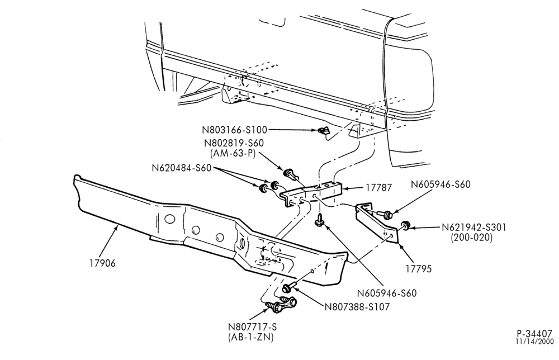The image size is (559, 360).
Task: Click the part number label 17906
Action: pos(103,263)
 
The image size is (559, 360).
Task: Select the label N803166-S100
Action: pos(235,130)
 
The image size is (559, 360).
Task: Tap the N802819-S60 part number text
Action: pos(234,143)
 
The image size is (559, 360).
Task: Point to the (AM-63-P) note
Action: pos(233,154)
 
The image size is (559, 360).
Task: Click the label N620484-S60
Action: pos(182,168)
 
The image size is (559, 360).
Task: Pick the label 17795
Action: pos(419,269)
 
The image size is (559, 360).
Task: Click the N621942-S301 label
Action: pos(474,228)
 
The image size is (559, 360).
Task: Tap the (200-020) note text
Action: pos(471,238)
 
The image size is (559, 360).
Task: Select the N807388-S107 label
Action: pos(357,306)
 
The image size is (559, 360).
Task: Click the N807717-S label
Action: pos(253,327)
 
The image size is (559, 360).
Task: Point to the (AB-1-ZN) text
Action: pos(250,337)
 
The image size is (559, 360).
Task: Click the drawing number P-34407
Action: pos(534,334)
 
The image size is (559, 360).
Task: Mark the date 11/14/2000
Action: pos(534,342)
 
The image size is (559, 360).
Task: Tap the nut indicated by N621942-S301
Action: pos(405,225)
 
